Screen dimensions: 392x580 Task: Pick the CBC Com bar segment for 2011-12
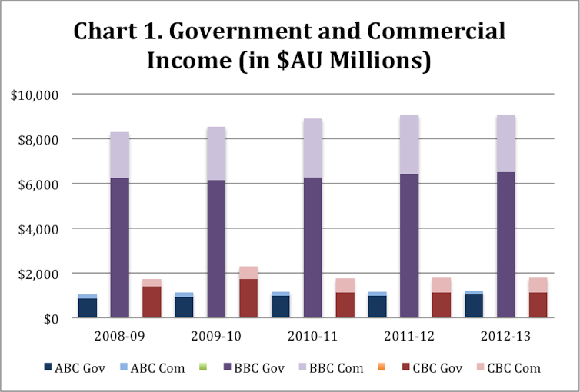tap(442, 285)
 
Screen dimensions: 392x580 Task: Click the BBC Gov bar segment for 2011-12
tap(409, 245)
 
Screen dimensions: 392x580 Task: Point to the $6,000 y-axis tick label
tap(42, 184)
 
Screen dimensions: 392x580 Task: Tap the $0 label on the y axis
tap(51, 318)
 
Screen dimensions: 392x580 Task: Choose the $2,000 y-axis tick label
tap(42, 274)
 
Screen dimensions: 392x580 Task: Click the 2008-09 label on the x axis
tap(119, 337)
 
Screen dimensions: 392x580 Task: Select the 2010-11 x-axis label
tap(313, 337)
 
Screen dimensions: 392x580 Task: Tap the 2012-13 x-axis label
tap(506, 337)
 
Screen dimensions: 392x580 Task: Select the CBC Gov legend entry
tap(433, 368)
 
